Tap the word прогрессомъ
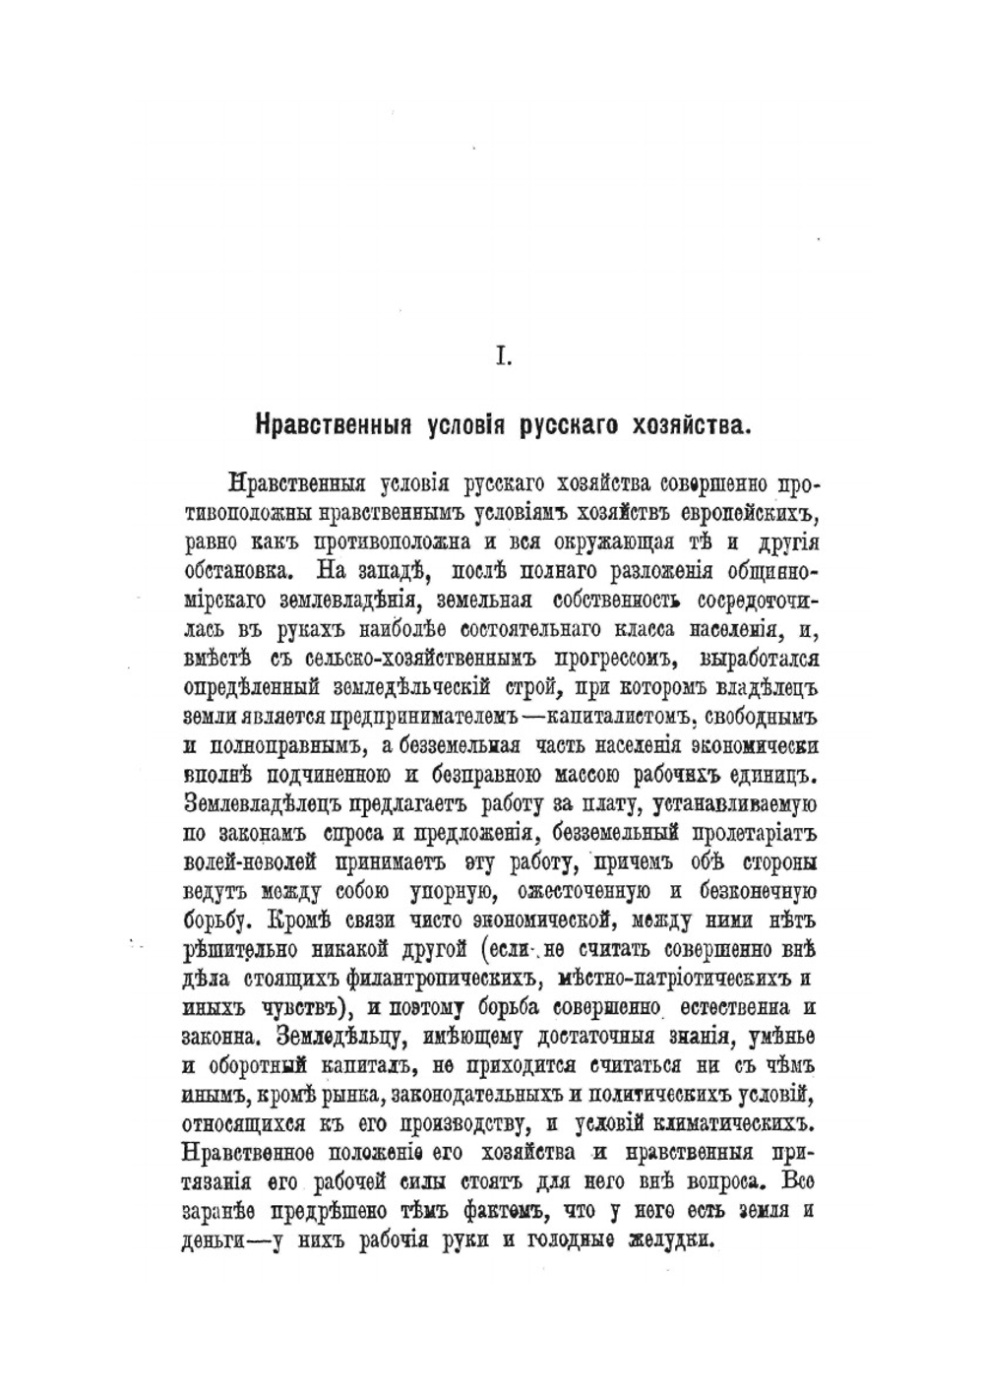(582, 657)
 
